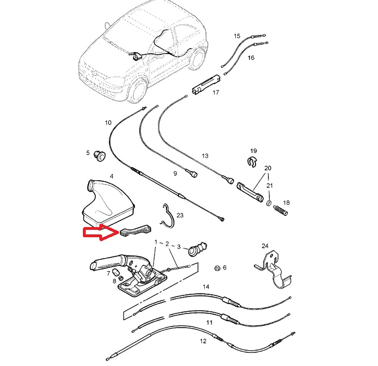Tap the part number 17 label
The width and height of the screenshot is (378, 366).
coord(216,92)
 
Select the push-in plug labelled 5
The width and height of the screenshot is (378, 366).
coord(99,156)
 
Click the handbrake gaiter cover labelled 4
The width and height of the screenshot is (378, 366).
coord(107,201)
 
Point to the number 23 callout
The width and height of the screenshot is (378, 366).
coord(180,215)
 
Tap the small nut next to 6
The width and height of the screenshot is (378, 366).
coord(217,268)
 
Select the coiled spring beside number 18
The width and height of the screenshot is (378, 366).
coord(281,211)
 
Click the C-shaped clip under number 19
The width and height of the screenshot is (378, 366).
coord(252,162)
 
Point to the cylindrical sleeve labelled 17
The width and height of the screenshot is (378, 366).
coord(206,85)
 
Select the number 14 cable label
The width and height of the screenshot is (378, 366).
coord(206,286)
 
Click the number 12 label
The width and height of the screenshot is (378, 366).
coord(203,341)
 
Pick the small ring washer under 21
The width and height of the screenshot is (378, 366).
coord(269,203)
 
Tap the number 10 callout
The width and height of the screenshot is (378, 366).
coord(108,123)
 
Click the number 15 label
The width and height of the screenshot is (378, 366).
coord(237,36)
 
